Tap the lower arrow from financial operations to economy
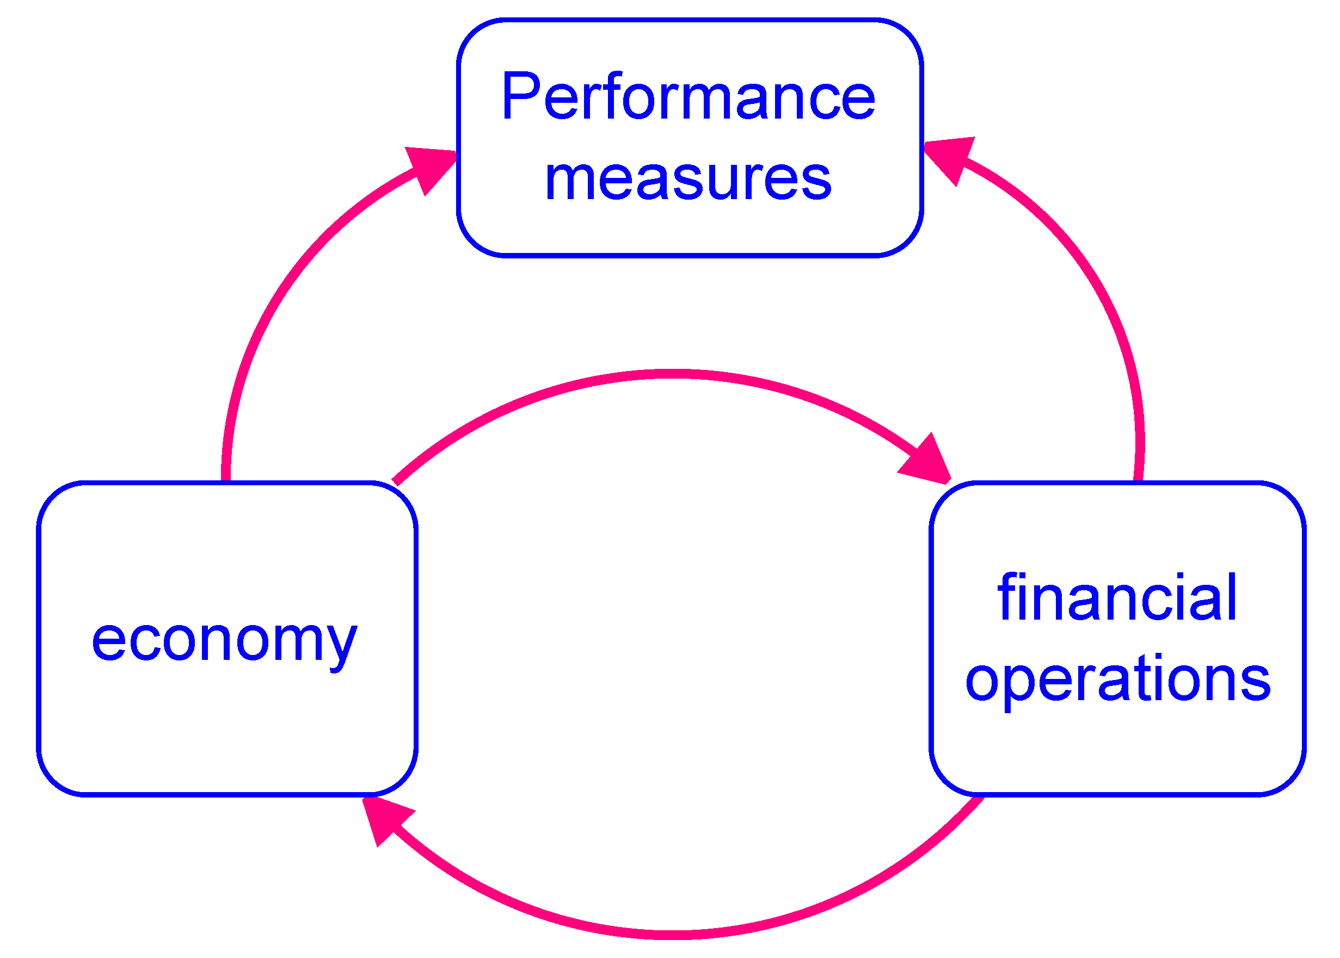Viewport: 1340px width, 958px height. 673,934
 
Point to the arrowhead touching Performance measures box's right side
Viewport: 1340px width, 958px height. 950,158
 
